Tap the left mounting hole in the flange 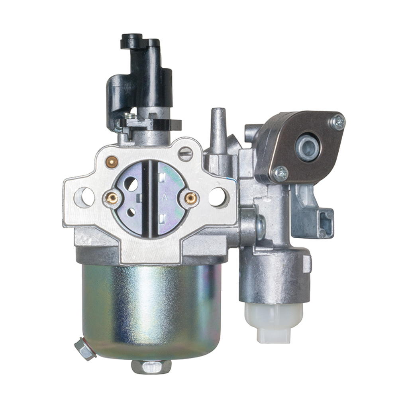[84, 196]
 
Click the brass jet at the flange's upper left [112, 161]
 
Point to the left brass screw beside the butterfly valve [112, 197]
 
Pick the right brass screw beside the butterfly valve [191, 198]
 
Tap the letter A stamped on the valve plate [165, 196]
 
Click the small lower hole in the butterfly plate [131, 212]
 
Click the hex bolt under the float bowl [151, 366]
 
